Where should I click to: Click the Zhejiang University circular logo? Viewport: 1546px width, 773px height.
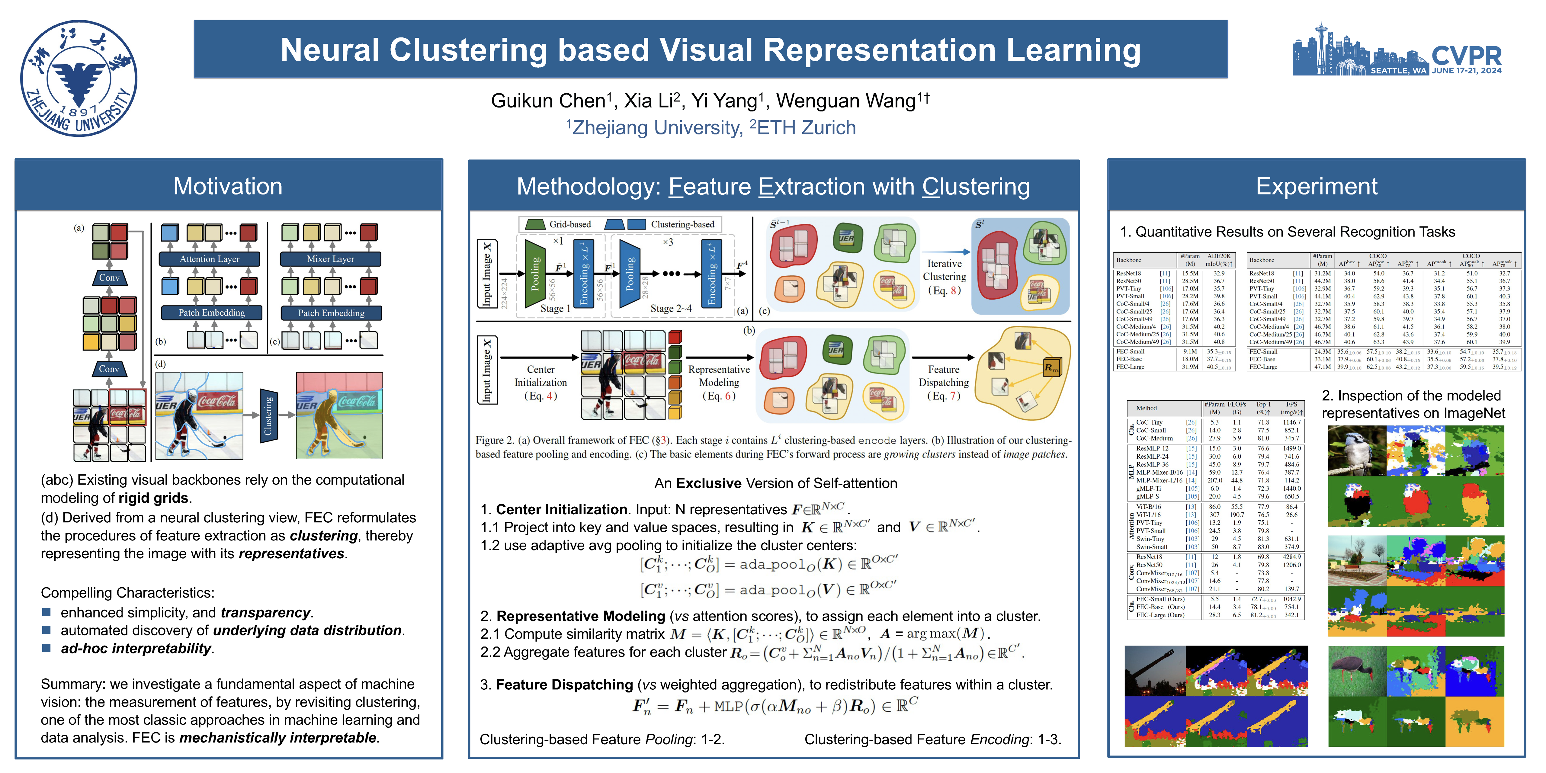pos(79,79)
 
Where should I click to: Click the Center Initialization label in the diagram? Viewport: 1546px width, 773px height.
pos(540,382)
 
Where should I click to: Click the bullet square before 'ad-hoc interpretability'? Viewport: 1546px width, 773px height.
pos(46,648)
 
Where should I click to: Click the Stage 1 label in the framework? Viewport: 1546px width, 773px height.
pos(555,309)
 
